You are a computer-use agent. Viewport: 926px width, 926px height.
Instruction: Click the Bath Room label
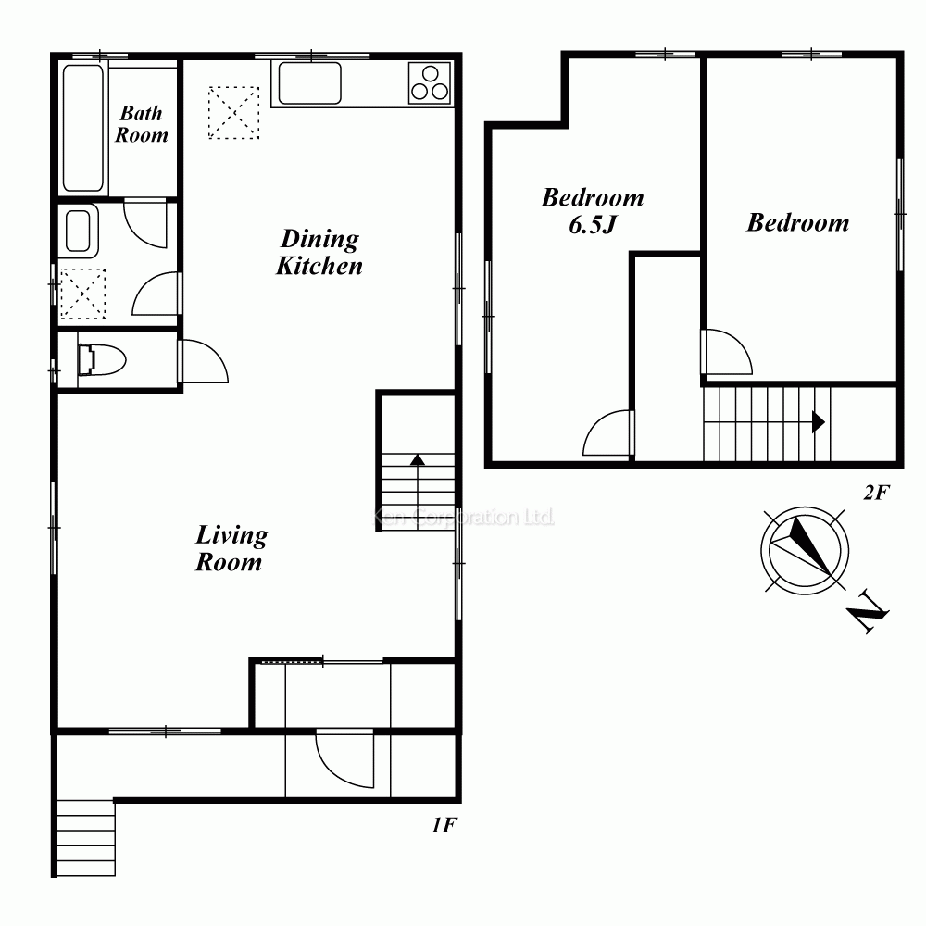(141, 124)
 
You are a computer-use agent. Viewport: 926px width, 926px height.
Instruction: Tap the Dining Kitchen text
(319, 252)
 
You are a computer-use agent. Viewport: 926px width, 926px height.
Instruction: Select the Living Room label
(231, 548)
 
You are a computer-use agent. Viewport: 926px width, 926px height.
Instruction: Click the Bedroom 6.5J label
(593, 211)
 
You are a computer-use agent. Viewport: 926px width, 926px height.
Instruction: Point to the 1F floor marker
(444, 825)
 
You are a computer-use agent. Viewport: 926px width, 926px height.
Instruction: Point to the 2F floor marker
(876, 492)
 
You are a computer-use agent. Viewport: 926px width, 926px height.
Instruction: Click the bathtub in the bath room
(83, 128)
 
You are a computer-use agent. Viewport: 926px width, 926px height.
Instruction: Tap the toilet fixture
(102, 359)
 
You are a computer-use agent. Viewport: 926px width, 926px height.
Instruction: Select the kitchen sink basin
(309, 82)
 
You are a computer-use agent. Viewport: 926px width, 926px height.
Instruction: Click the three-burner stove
(430, 82)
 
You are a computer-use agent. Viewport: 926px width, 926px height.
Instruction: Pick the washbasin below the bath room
(78, 231)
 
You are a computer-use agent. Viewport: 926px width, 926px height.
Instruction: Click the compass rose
(805, 551)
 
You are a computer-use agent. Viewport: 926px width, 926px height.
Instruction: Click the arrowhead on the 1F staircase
(418, 459)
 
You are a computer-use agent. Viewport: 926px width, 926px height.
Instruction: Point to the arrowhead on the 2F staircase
(819, 422)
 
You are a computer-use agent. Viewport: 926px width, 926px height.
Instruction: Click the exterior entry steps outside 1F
(86, 838)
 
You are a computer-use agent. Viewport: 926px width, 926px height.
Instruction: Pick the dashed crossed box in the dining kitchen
(234, 113)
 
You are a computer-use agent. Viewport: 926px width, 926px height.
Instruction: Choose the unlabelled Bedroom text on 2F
(798, 222)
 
